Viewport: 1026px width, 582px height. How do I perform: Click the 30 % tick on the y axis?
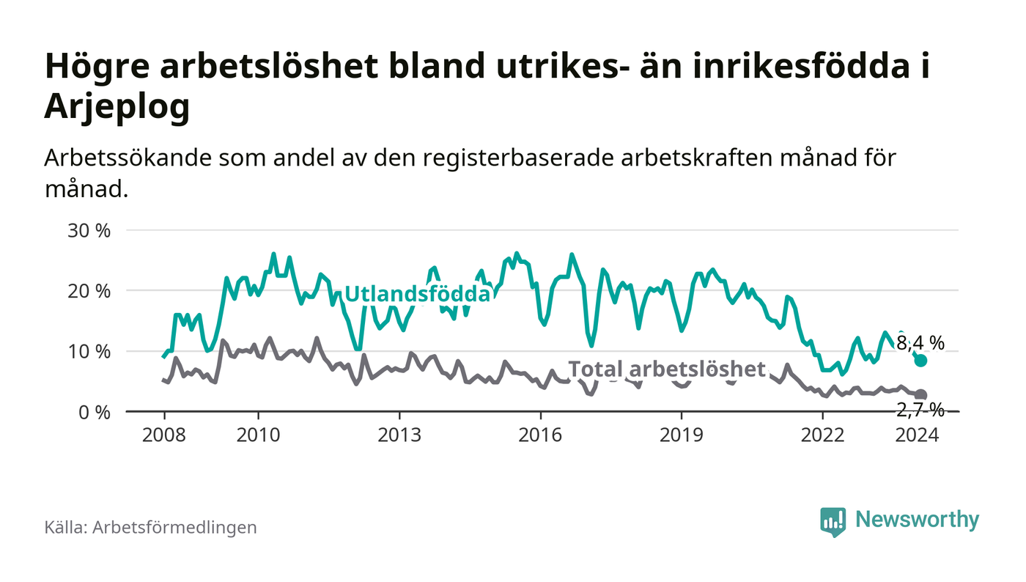(90, 230)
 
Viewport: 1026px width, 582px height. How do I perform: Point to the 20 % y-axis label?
(90, 291)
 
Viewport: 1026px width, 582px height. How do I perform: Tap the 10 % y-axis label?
(90, 352)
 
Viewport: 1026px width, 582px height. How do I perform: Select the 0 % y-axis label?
(95, 413)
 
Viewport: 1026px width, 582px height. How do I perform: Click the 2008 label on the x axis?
(162, 435)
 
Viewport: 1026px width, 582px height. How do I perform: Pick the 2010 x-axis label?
(258, 435)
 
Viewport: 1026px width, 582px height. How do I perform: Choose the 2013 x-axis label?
(399, 435)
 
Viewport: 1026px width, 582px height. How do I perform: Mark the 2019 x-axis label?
(682, 435)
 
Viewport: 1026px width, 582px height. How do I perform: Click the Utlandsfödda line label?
(417, 294)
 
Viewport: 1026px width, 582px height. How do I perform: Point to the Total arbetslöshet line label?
(667, 369)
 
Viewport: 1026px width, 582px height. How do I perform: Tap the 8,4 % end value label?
(920, 342)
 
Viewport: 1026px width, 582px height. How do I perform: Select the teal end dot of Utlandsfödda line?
(921, 361)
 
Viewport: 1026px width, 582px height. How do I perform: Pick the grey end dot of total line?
(921, 395)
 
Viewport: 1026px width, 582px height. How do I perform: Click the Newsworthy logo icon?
(833, 521)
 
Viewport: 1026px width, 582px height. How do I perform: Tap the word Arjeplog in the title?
(117, 107)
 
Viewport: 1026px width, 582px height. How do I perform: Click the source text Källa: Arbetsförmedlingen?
(150, 527)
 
